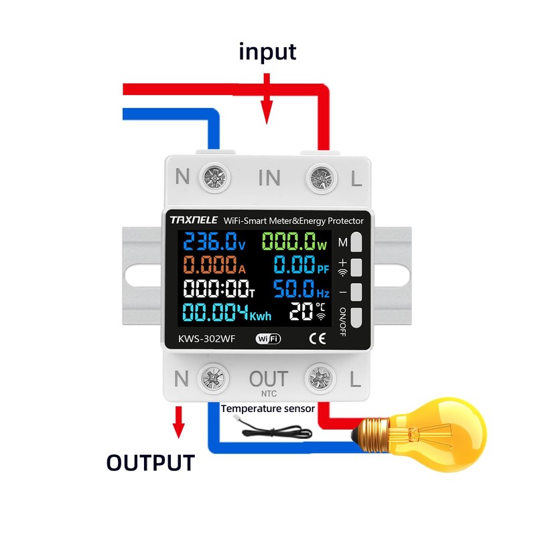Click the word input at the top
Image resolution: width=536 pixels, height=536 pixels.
pyautogui.click(x=267, y=52)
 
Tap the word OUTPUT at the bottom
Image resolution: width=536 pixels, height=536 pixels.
pyautogui.click(x=151, y=462)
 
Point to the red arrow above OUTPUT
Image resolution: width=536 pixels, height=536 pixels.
pyautogui.click(x=178, y=422)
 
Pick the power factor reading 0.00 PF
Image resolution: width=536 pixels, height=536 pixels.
pyautogui.click(x=300, y=265)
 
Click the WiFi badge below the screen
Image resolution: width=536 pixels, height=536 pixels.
pyautogui.click(x=267, y=338)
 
